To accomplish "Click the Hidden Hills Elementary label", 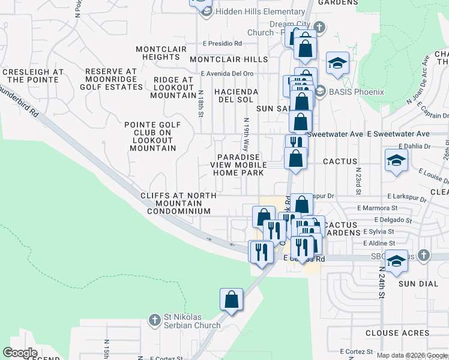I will pos(261,12).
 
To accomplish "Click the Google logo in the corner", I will pos(20,353).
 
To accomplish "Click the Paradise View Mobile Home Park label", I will pos(239,165).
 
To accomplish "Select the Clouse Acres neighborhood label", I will pos(397,333).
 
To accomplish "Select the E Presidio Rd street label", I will pos(221,43).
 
